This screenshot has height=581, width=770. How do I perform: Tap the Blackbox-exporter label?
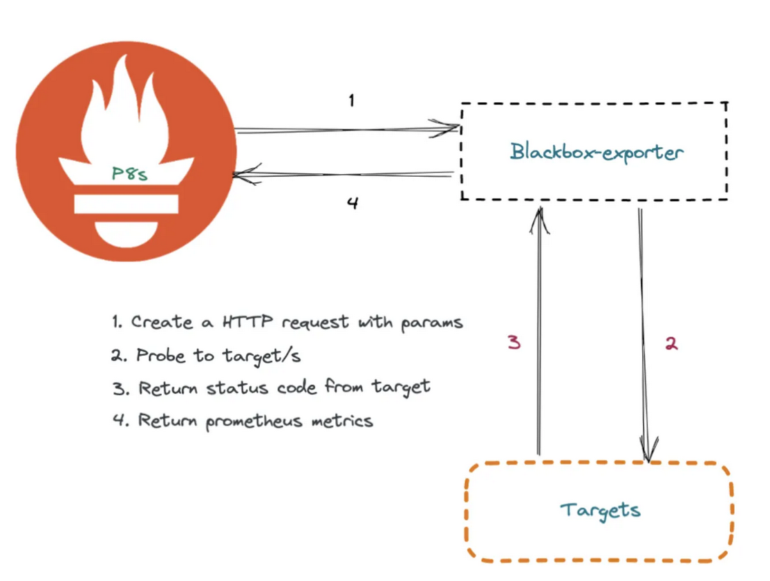pyautogui.click(x=596, y=151)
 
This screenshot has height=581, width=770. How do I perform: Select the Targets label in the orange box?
pyautogui.click(x=600, y=511)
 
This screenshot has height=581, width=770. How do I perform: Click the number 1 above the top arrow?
pyautogui.click(x=351, y=101)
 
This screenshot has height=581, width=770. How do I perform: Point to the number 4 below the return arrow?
pyautogui.click(x=352, y=203)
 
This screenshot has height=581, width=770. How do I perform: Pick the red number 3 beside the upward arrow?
pyautogui.click(x=514, y=342)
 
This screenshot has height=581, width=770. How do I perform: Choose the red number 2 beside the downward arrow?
pyautogui.click(x=670, y=343)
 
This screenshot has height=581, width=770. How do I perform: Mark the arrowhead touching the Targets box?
pyautogui.click(x=648, y=452)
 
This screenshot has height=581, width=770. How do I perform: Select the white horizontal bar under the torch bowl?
pyautogui.click(x=126, y=203)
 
